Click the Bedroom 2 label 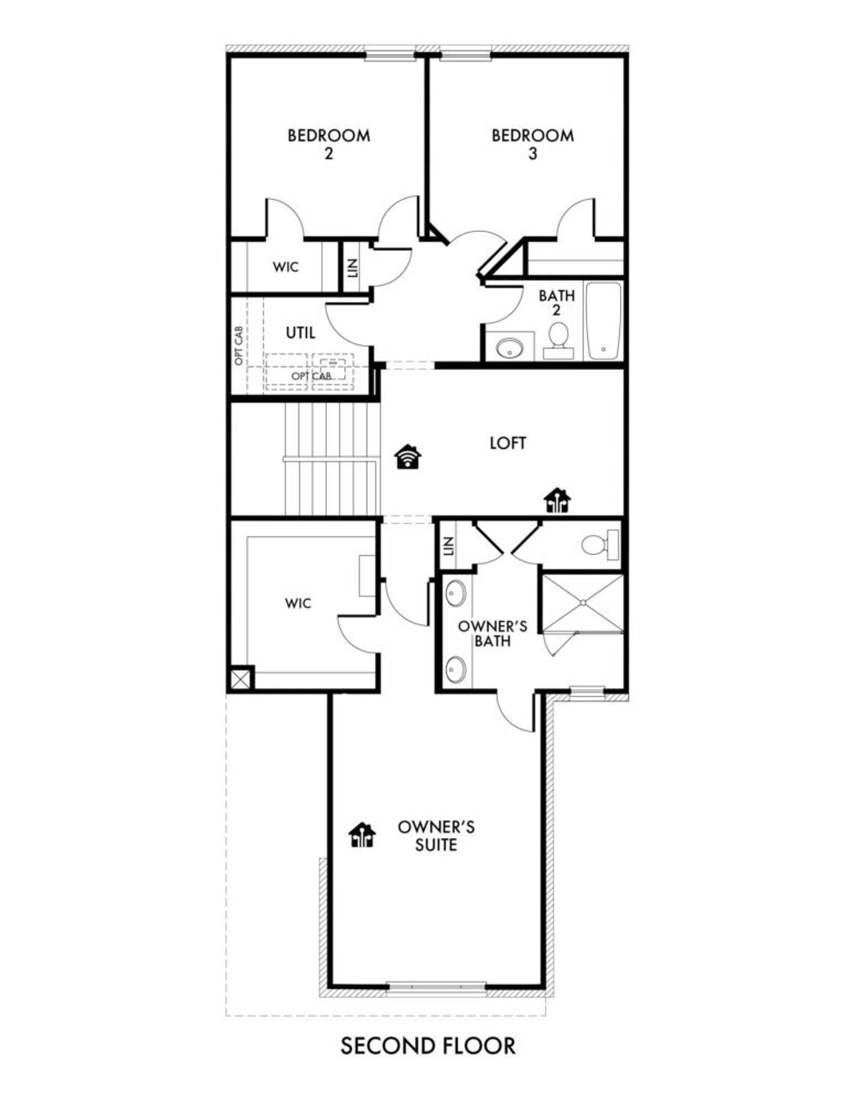(328, 144)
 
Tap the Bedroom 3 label (533, 144)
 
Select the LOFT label (508, 443)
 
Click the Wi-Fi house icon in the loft (408, 457)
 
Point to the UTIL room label (300, 333)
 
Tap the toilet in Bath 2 (558, 337)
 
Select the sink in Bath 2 (510, 347)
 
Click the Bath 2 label (557, 302)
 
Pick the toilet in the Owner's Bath (598, 545)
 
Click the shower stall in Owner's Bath (582, 603)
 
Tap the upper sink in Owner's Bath (455, 593)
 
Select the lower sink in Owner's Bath (455, 669)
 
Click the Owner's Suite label (436, 835)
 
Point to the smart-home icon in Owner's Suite (362, 835)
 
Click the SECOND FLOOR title (427, 1046)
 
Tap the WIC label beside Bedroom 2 (285, 267)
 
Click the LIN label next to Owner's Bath (448, 546)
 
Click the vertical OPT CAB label (238, 345)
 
